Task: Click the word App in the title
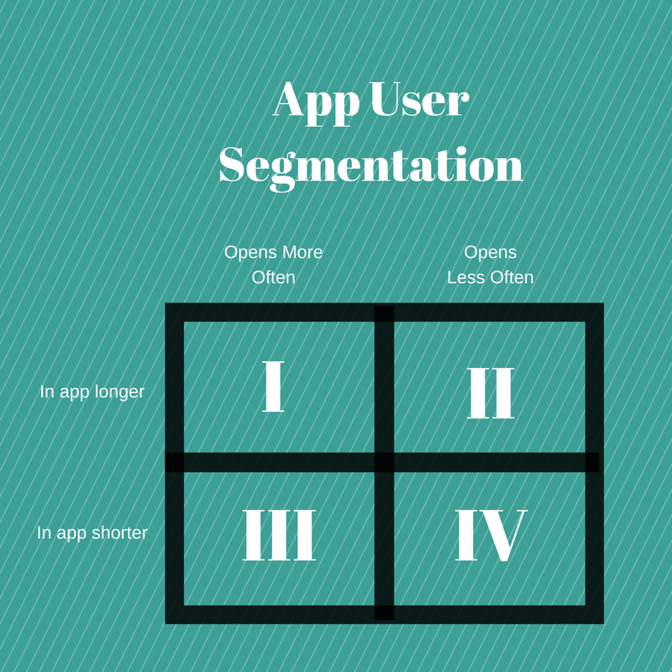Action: pyautogui.click(x=317, y=103)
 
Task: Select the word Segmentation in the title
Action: pyautogui.click(x=370, y=167)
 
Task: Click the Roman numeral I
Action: pyautogui.click(x=273, y=386)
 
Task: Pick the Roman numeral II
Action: pyautogui.click(x=491, y=392)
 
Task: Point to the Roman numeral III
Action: pyautogui.click(x=279, y=535)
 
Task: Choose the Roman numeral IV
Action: pyautogui.click(x=491, y=535)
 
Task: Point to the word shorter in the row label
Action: pyautogui.click(x=119, y=533)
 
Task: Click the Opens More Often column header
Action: pyautogui.click(x=274, y=265)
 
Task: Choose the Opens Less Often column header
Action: pyautogui.click(x=491, y=265)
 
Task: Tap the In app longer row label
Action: pyautogui.click(x=92, y=392)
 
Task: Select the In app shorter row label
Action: pyautogui.click(x=92, y=533)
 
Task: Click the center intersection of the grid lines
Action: pyautogui.click(x=384, y=463)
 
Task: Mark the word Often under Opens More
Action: pyautogui.click(x=274, y=277)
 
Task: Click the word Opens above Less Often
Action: pyautogui.click(x=491, y=253)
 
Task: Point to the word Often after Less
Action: pyautogui.click(x=512, y=277)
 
